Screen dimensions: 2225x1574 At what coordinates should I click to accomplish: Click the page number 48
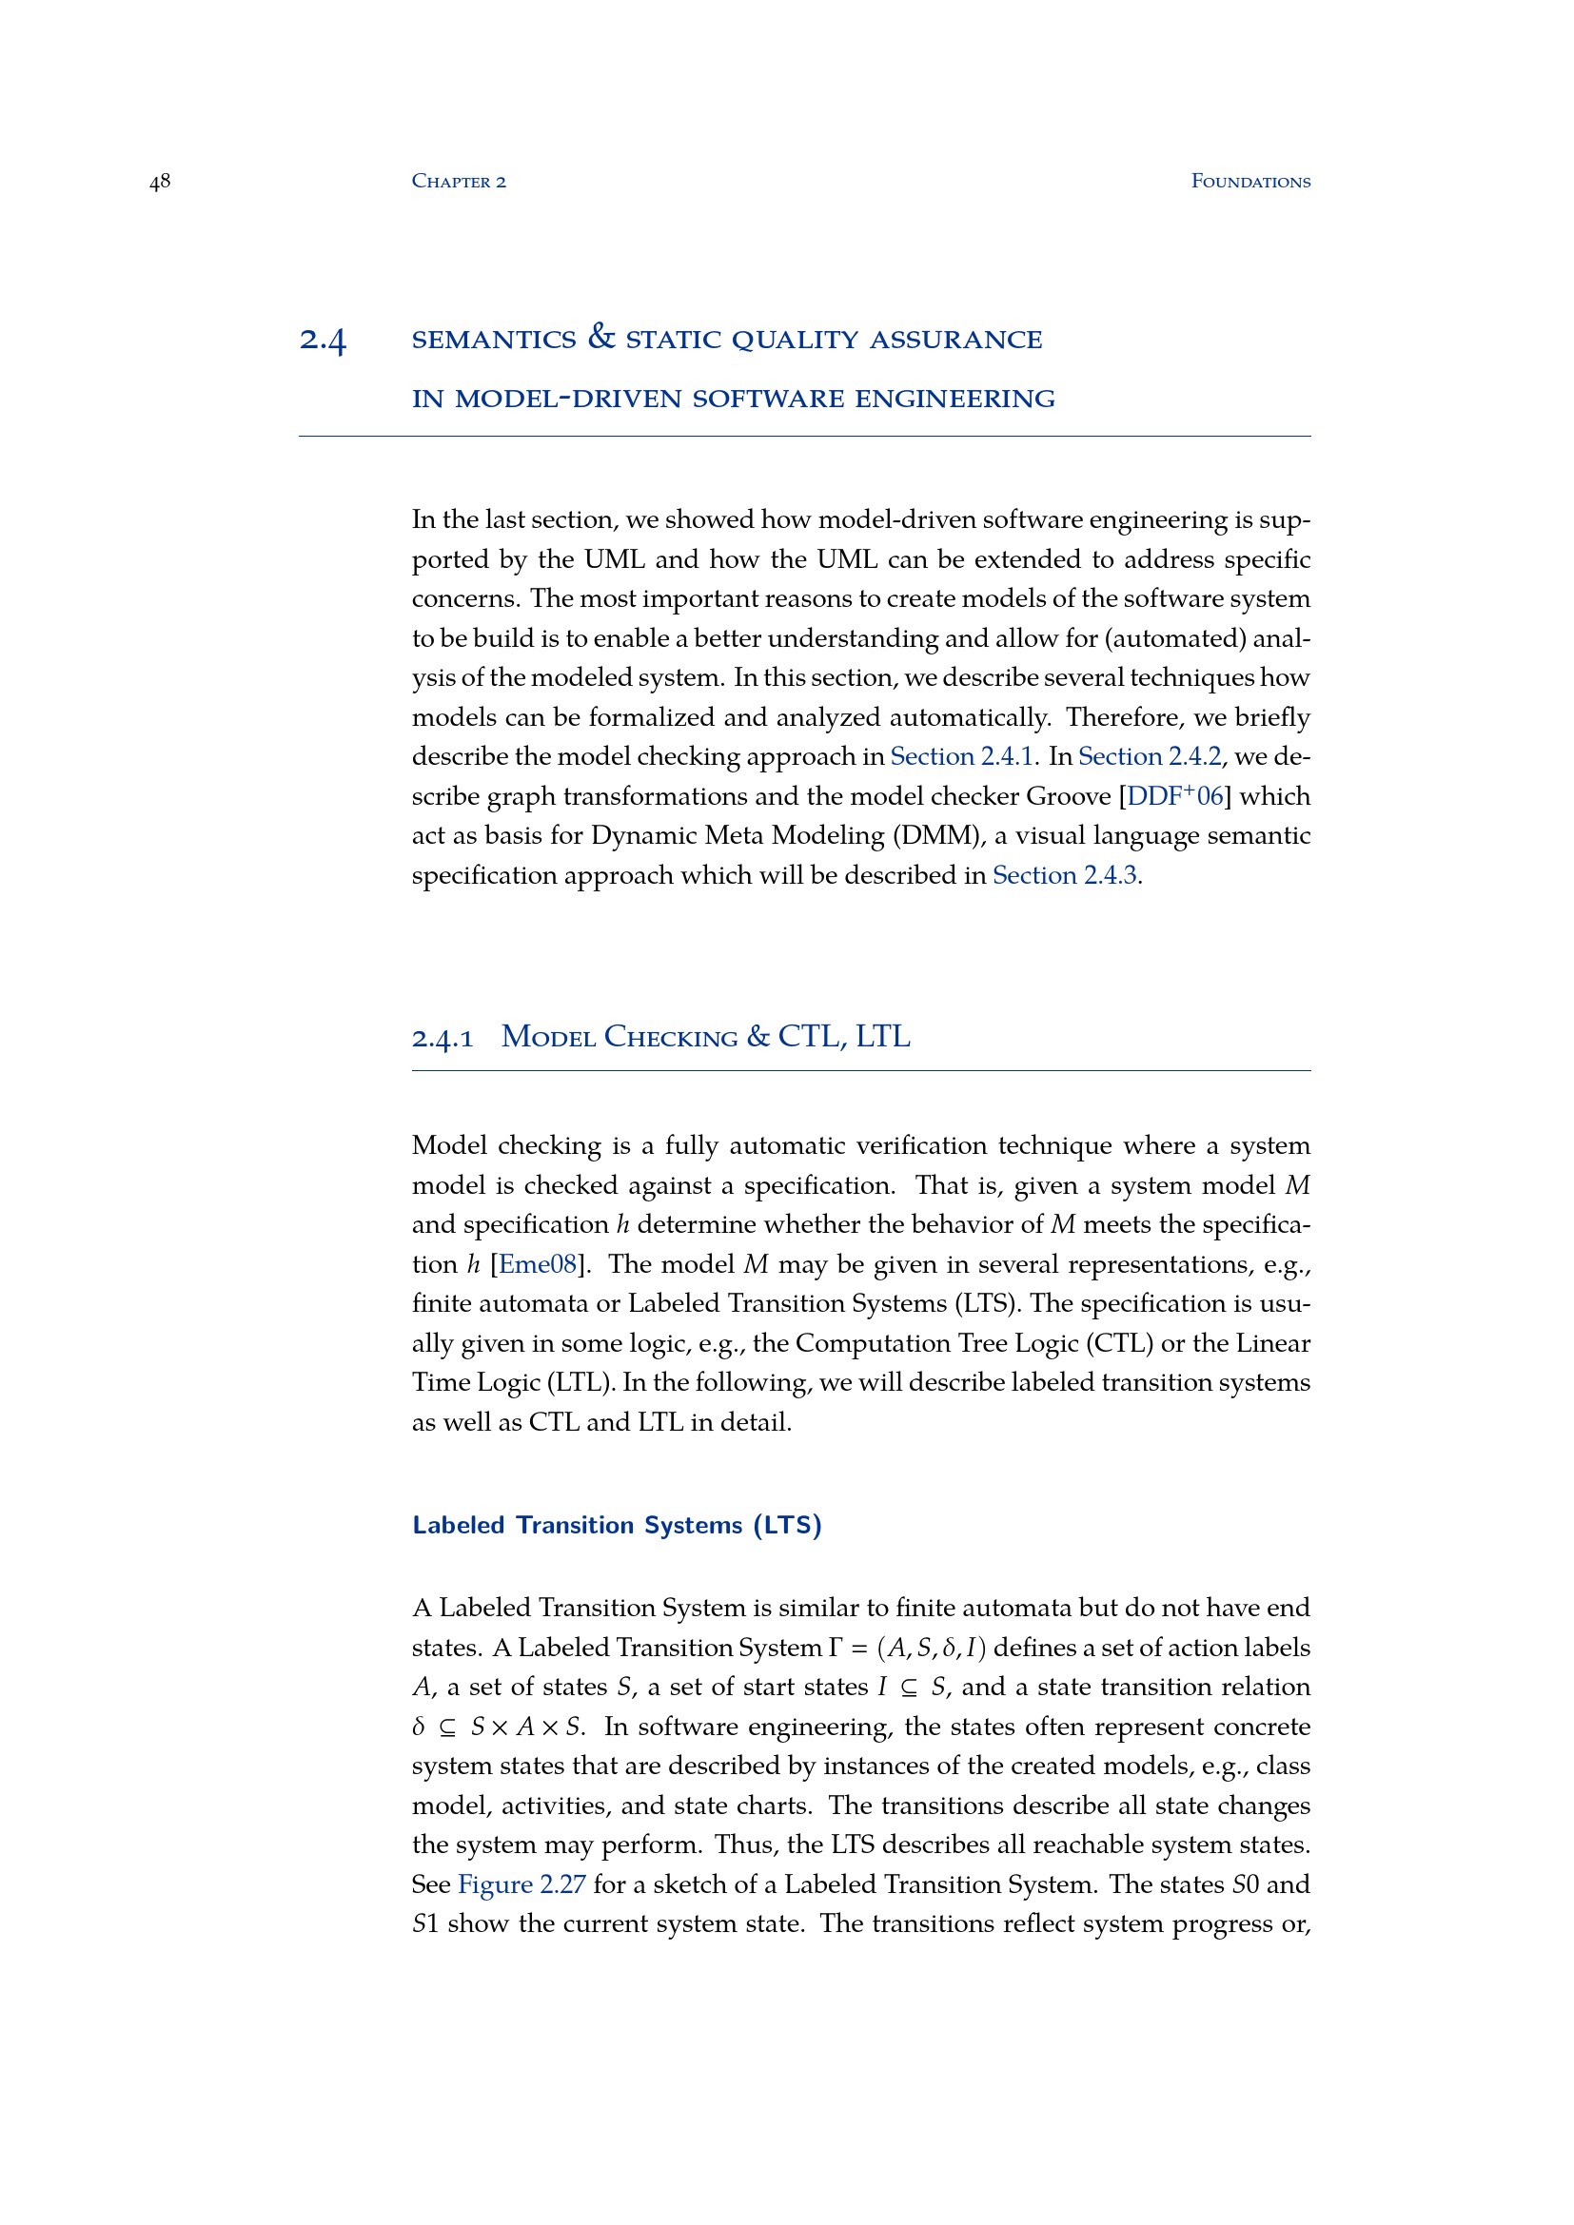click(160, 182)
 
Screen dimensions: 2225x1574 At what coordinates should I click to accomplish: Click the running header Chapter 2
click(459, 182)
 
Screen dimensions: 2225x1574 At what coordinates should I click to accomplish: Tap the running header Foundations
click(1250, 182)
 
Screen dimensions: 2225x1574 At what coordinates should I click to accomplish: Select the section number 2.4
click(323, 341)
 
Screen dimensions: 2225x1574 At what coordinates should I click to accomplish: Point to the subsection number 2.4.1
click(442, 1039)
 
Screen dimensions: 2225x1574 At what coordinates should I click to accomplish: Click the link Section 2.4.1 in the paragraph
click(961, 757)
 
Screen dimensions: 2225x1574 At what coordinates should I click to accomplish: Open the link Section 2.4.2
click(1150, 757)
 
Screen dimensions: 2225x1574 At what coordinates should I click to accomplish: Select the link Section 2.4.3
click(1064, 876)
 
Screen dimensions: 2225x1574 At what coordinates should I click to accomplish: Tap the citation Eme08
click(537, 1264)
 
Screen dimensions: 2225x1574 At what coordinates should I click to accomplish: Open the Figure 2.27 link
click(521, 1884)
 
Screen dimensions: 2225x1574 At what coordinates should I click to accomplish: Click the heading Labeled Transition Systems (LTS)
click(617, 1525)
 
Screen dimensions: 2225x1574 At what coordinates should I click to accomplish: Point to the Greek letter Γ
click(836, 1649)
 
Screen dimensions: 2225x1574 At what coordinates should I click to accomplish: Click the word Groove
click(1068, 796)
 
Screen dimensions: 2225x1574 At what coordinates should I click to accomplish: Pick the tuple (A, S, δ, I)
click(931, 1649)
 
